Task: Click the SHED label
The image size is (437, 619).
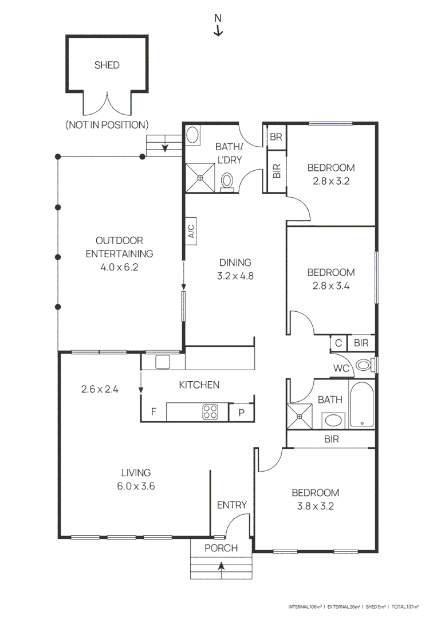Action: pos(107,65)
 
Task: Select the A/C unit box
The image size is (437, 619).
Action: pos(191,230)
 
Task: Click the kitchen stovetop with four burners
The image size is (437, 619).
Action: pos(210,412)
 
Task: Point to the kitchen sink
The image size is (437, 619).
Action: pos(162,362)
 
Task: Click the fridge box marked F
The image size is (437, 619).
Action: pos(153,412)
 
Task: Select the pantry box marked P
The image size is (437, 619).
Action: pos(241,412)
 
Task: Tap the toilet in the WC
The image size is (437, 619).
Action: pos(363,365)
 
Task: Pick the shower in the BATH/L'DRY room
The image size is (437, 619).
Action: pos(200,178)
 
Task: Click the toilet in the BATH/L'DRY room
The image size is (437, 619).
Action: pos(227,181)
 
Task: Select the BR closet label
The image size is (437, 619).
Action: pos(277,137)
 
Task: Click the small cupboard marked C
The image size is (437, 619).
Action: pos(338,343)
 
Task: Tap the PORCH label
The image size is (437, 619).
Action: pos(221,548)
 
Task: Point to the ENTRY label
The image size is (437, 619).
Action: pos(231,505)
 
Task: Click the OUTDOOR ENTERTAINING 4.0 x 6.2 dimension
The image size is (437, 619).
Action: pos(119,267)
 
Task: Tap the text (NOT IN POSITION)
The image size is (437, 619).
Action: pos(107,124)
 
